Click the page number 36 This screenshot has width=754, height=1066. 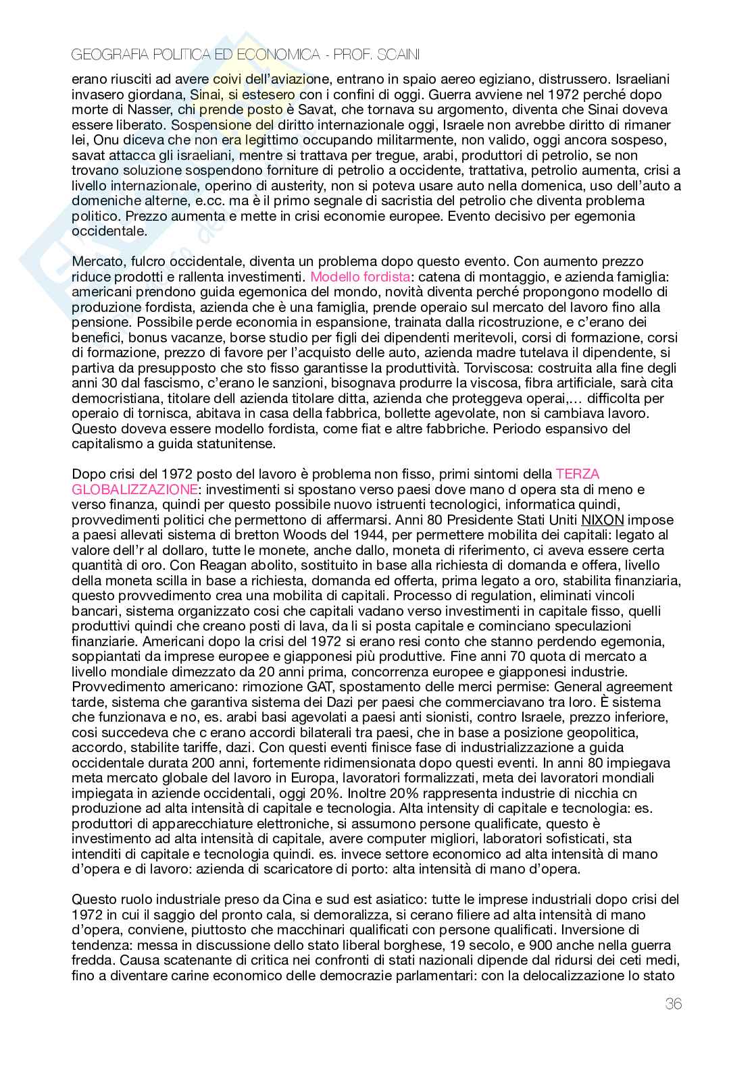point(673,1003)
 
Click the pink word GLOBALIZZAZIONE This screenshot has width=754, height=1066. point(134,488)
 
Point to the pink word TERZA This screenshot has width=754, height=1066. point(577,473)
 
